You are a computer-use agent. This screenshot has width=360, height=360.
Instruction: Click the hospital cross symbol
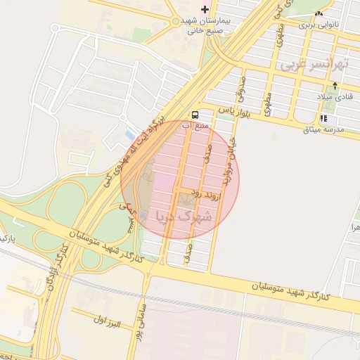tap(205, 9)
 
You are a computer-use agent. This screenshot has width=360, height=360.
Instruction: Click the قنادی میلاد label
tap(335, 97)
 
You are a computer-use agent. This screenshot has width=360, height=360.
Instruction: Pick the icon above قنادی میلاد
tap(335, 86)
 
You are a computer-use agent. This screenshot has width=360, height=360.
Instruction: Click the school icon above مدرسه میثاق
tap(323, 118)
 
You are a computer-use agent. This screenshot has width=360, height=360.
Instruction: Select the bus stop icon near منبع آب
tap(195, 114)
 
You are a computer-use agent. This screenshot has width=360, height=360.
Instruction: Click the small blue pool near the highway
tap(129, 134)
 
